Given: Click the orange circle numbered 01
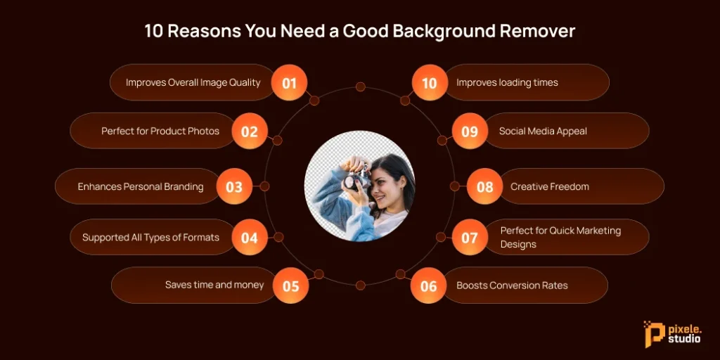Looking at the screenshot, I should (289, 83).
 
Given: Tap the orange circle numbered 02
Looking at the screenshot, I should (250, 131).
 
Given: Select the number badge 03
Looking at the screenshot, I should (234, 187).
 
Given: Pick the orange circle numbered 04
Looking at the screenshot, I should (250, 238).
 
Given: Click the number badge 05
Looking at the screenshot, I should (290, 286).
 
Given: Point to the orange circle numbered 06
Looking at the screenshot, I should (428, 286).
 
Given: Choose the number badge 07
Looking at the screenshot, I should (469, 238).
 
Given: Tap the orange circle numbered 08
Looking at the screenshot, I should (484, 187).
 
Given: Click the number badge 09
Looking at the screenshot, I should (469, 131).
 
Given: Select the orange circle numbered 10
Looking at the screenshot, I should (429, 83).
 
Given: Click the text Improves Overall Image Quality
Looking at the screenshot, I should (193, 82).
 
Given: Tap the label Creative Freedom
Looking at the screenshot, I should (550, 186).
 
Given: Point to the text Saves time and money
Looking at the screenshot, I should (214, 285).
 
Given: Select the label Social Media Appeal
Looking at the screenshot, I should (543, 131).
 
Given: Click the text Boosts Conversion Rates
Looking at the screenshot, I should (512, 285).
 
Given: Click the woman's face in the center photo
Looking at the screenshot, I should (384, 187).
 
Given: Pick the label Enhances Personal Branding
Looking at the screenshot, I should (141, 186).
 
